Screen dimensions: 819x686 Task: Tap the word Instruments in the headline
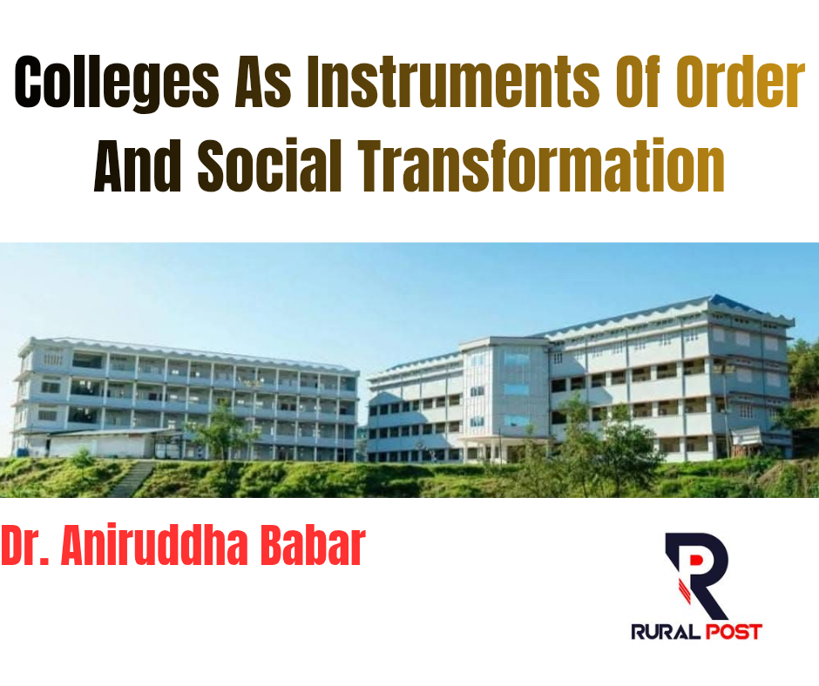452,83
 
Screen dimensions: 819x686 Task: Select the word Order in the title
740,83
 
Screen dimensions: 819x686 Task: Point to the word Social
269,166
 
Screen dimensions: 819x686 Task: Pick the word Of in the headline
637,83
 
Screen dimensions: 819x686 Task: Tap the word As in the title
263,83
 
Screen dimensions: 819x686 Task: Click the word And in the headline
138,166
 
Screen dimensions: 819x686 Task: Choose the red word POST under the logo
734,632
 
